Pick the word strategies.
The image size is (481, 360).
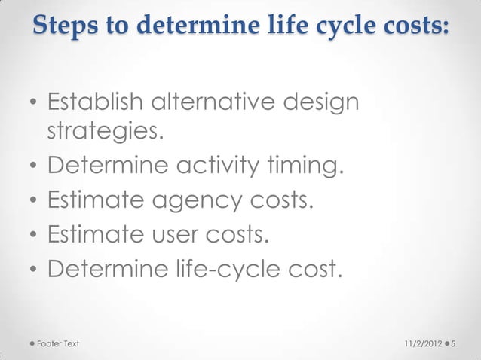[x=105, y=133]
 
